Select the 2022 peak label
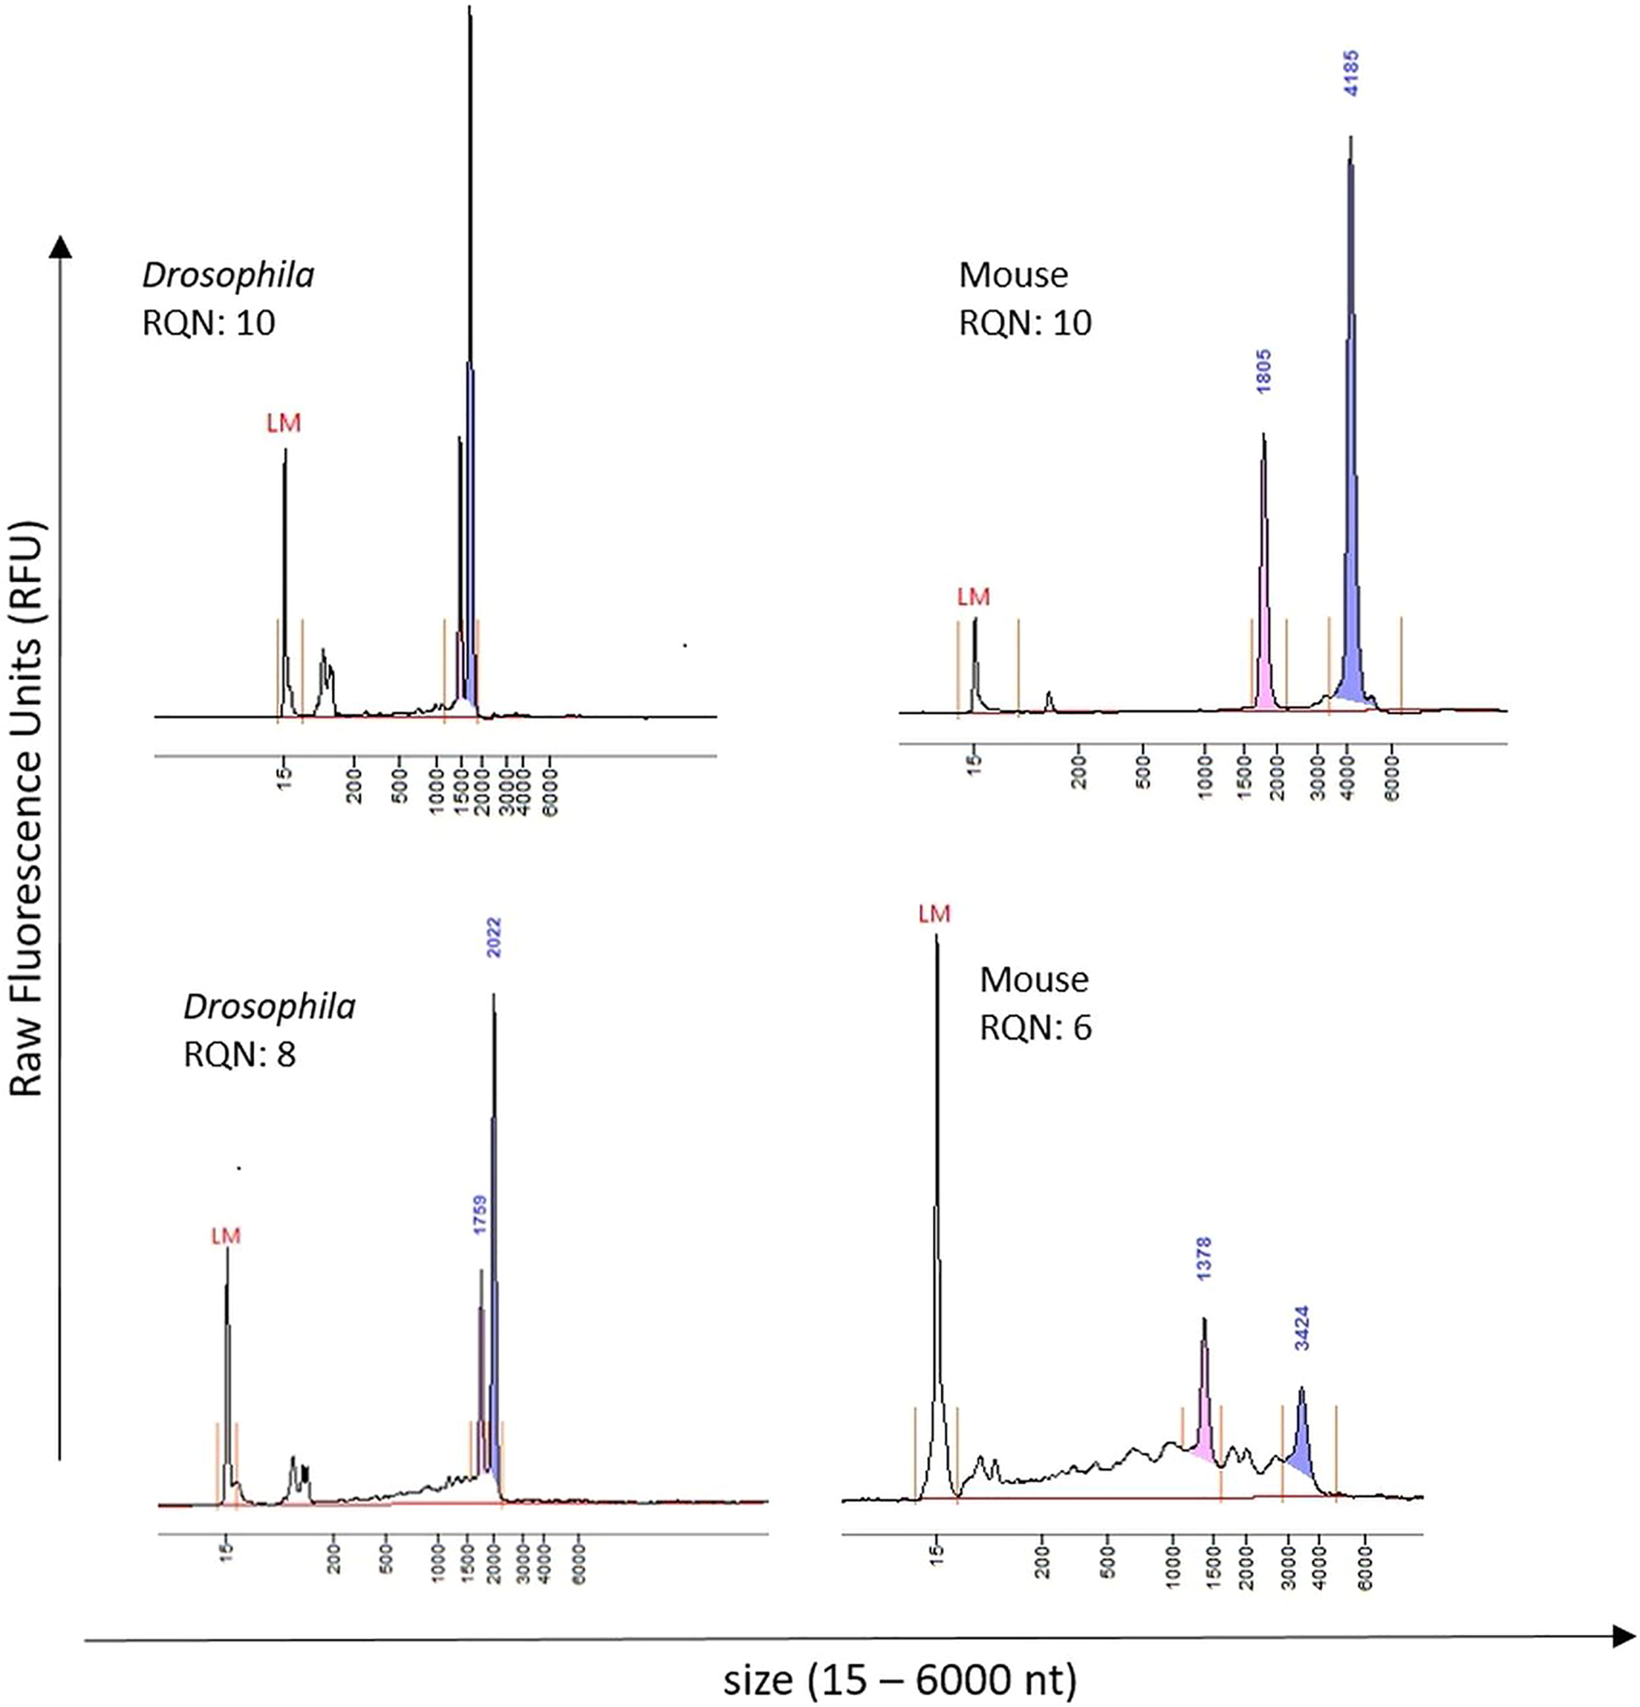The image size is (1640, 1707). (494, 937)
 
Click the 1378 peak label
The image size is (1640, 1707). (1204, 1258)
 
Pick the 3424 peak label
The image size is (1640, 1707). (1301, 1327)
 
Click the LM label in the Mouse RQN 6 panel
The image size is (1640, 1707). (934, 914)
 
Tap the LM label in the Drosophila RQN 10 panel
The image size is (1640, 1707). (283, 423)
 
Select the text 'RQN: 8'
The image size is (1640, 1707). (239, 1055)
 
